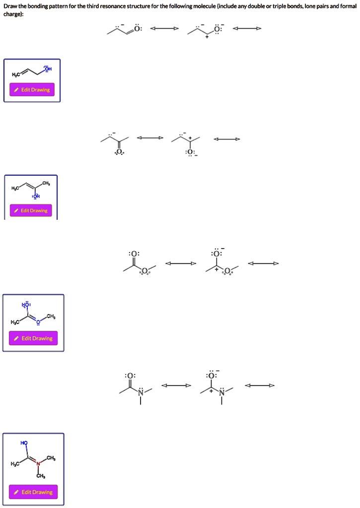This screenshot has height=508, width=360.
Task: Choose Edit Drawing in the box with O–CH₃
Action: pos(33,338)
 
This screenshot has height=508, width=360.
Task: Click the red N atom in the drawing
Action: pos(38,464)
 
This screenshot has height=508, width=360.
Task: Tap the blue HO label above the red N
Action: pos(24,442)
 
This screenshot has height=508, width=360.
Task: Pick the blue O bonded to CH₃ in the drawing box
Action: pos(38,321)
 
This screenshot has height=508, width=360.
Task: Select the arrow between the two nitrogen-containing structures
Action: pos(176,385)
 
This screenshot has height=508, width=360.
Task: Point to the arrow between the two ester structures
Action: pos(180,263)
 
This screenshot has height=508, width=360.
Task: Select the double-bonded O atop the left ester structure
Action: pos(134,254)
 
